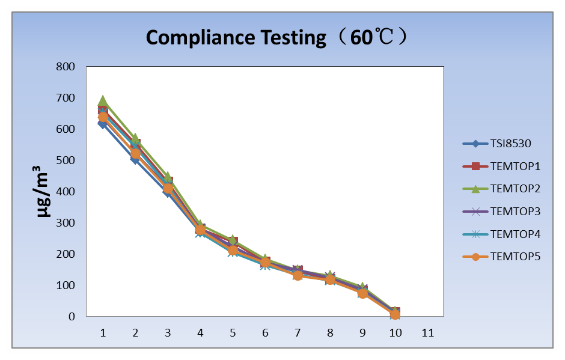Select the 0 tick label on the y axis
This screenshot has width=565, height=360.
[x=72, y=317]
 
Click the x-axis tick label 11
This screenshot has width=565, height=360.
[x=428, y=332]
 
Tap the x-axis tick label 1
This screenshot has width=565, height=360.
[x=103, y=332]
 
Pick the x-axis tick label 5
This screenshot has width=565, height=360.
[x=233, y=332]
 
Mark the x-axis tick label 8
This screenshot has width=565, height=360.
[x=330, y=332]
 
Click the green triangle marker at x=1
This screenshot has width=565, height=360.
[x=103, y=100]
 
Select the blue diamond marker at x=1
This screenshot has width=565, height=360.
[x=103, y=124]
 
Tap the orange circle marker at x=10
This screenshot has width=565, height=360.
[x=395, y=314]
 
